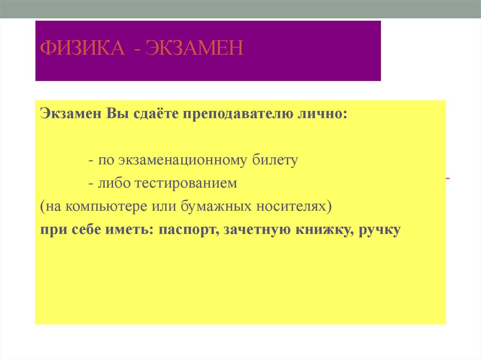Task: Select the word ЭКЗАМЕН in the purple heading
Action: pos(194,48)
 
